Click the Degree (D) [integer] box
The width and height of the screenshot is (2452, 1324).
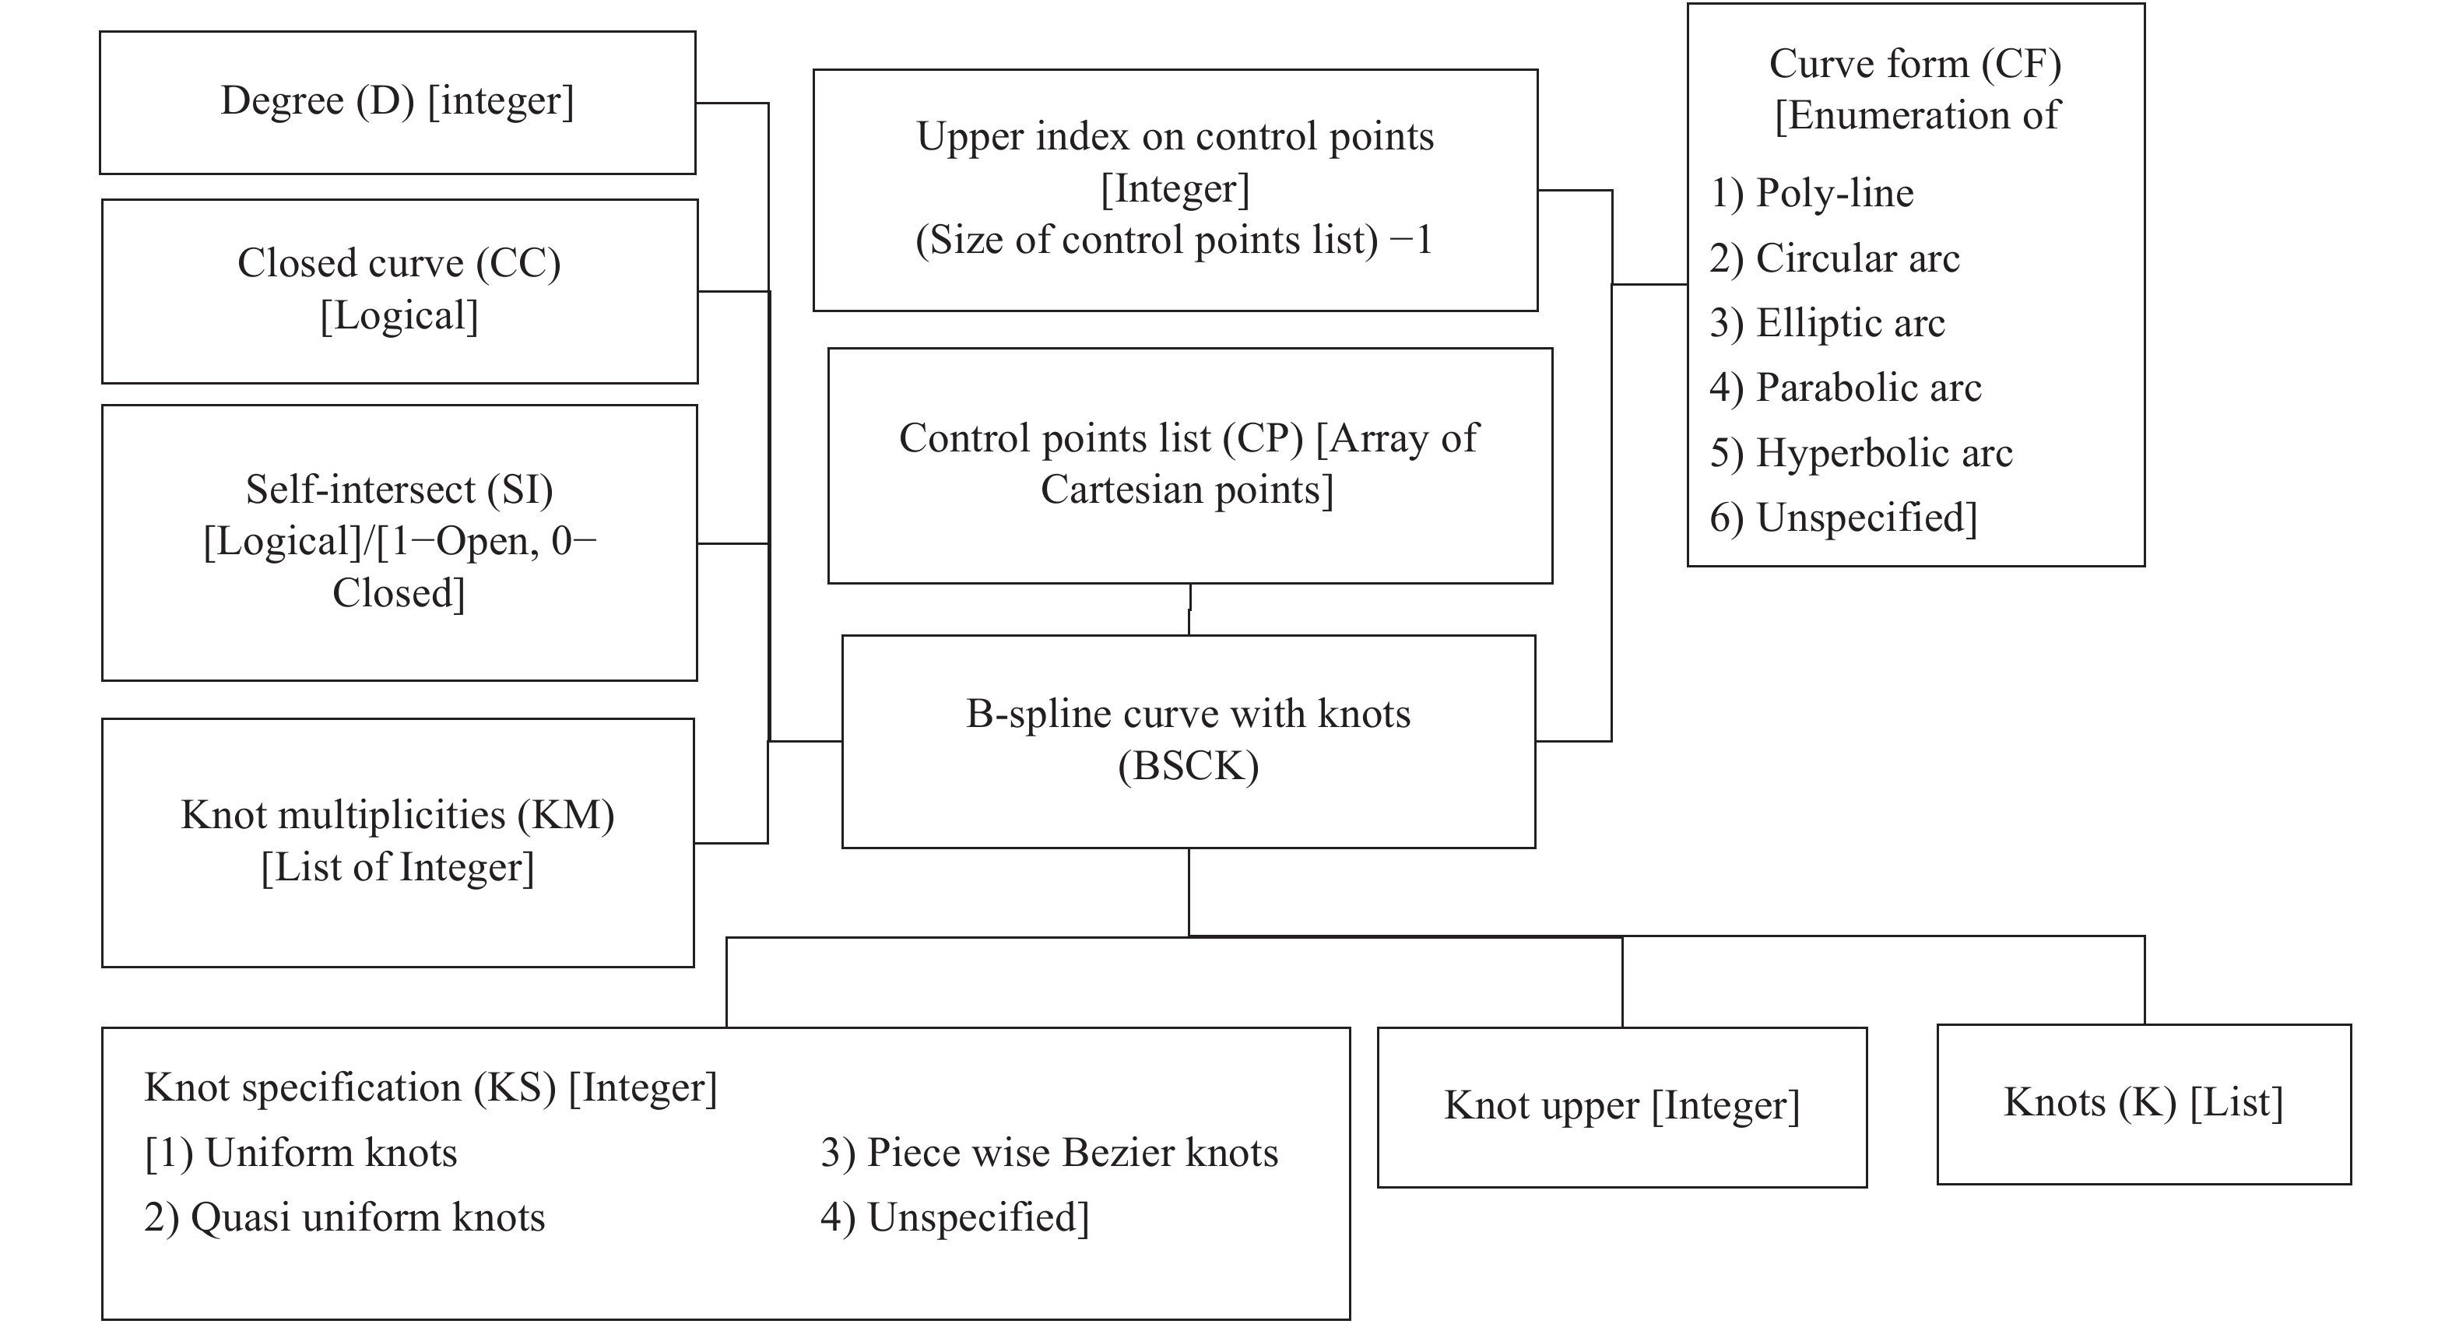tap(397, 102)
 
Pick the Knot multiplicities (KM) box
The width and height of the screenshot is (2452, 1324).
tap(397, 841)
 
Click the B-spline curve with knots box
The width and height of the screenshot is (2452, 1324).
tap(1188, 740)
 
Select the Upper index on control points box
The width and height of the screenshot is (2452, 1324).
tap(1175, 188)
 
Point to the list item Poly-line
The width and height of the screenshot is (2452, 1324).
tap(1833, 193)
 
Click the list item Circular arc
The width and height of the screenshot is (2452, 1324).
tap(1857, 258)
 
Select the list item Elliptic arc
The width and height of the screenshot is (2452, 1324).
tap(1850, 323)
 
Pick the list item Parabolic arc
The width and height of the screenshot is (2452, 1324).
tap(1867, 388)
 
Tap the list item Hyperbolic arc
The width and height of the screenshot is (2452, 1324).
tap(1883, 453)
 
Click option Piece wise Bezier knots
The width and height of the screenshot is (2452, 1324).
tap(1071, 1153)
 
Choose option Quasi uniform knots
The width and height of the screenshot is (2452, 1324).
tap(367, 1217)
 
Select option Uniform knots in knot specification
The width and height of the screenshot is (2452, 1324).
tap(329, 1153)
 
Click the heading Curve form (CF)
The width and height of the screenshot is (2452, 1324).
tap(1914, 64)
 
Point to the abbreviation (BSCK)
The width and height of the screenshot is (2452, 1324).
tap(1188, 766)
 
